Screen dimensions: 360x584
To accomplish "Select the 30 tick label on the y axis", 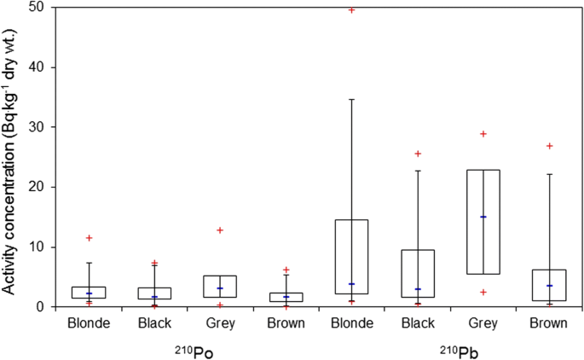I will [40, 127].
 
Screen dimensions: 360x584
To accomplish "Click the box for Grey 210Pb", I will [483, 222].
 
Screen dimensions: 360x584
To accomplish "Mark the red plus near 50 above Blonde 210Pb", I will [351, 9].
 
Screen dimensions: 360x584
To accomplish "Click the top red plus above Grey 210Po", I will [220, 230].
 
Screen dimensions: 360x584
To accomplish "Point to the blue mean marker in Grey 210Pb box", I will [483, 217].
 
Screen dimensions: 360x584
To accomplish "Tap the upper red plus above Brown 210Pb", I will [549, 146].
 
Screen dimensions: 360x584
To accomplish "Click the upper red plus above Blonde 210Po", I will [89, 238].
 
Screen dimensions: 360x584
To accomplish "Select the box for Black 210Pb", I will [417, 273].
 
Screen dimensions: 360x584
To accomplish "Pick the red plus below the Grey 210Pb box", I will [483, 292].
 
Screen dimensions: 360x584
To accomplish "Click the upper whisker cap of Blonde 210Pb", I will [351, 100].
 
